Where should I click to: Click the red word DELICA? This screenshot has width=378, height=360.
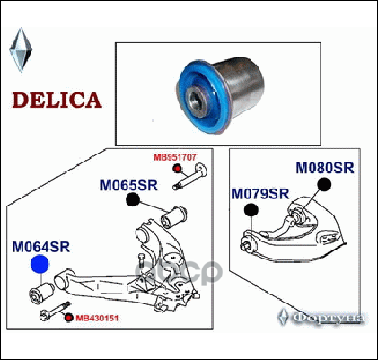pyautogui.click(x=57, y=100)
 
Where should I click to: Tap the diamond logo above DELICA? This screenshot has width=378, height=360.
pyautogui.click(x=21, y=49)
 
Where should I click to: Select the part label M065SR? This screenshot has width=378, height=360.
pyautogui.click(x=128, y=185)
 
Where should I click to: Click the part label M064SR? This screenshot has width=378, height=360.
pyautogui.click(x=41, y=247)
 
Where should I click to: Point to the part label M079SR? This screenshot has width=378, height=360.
pyautogui.click(x=260, y=194)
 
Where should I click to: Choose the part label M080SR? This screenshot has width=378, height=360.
pyautogui.click(x=325, y=168)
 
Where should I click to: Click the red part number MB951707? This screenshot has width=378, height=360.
pyautogui.click(x=175, y=157)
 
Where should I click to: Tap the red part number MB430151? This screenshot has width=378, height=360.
pyautogui.click(x=97, y=318)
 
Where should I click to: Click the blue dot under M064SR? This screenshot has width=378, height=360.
pyautogui.click(x=40, y=264)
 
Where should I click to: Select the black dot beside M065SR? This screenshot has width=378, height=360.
pyautogui.click(x=133, y=199)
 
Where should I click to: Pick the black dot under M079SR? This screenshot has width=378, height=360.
pyautogui.click(x=251, y=210)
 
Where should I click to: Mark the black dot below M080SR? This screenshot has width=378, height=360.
pyautogui.click(x=324, y=184)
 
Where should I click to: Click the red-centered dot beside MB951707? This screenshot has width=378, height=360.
pyautogui.click(x=177, y=169)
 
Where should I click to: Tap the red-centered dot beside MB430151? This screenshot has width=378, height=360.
pyautogui.click(x=69, y=318)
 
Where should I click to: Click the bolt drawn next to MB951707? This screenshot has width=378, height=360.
pyautogui.click(x=190, y=177)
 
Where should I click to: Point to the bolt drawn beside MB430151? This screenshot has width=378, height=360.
pyautogui.click(x=55, y=312)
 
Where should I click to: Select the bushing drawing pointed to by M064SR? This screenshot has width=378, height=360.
pyautogui.click(x=41, y=294)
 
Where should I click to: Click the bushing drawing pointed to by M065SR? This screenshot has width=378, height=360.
pyautogui.click(x=174, y=216)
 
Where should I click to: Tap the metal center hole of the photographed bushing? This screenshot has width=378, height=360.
pyautogui.click(x=196, y=99)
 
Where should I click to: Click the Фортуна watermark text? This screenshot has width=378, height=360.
pyautogui.click(x=328, y=318)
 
